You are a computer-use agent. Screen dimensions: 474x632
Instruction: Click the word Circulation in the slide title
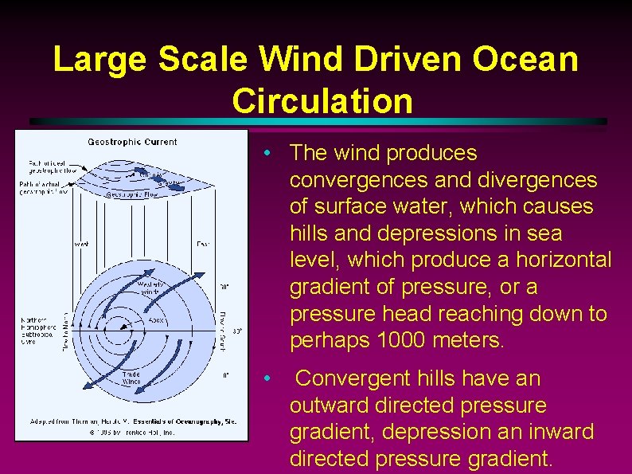click(x=322, y=101)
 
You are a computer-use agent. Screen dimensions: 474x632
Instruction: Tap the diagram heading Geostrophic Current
click(x=132, y=143)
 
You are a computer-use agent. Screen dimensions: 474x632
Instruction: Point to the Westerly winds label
click(x=151, y=287)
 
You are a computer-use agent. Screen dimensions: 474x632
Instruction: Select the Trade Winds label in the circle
click(x=132, y=377)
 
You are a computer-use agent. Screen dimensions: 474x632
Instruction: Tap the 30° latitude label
click(x=225, y=285)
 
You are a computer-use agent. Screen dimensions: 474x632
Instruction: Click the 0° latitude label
click(x=227, y=373)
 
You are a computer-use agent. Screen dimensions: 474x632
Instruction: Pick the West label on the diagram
click(x=81, y=244)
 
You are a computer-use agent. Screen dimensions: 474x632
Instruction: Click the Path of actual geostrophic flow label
click(x=48, y=188)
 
